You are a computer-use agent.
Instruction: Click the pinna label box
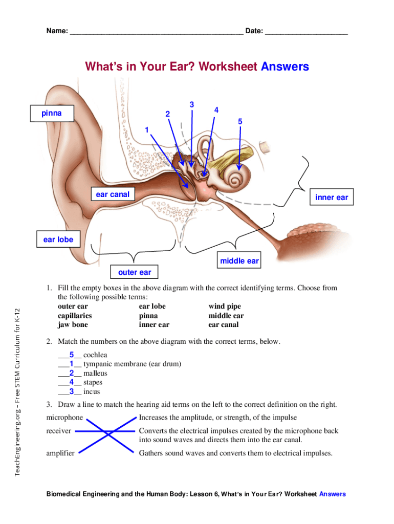52,113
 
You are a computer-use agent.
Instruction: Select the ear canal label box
113,194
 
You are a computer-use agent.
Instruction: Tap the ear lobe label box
55,239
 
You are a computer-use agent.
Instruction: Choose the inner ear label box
332,198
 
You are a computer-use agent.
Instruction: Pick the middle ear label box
239,261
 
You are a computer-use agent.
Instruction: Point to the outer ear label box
135,272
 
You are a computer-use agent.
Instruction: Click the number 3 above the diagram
191,105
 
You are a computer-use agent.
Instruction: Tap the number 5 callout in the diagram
240,121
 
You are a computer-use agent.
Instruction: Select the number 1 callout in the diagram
146,130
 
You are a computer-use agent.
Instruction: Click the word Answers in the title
285,67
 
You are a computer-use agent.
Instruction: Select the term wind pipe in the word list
224,307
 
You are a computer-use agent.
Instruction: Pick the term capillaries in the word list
75,316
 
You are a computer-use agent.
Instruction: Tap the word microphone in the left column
64,418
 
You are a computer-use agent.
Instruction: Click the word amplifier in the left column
60,453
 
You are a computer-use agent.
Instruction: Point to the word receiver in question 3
59,431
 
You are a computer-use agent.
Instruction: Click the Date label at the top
254,31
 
